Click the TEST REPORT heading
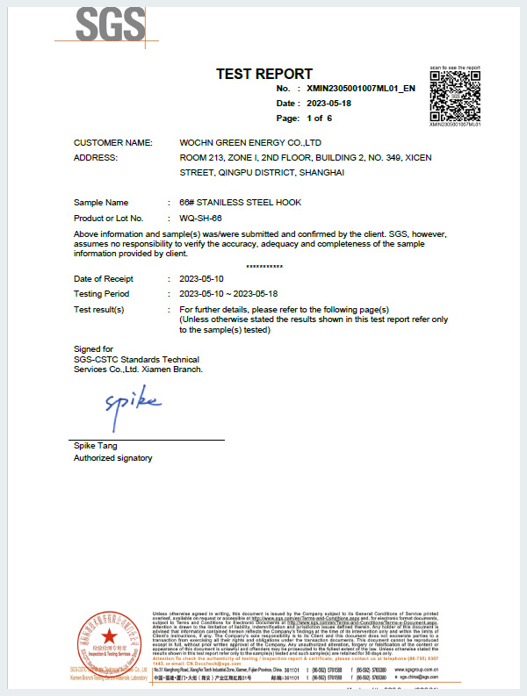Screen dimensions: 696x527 point(263,75)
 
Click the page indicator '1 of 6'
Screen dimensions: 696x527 point(318,118)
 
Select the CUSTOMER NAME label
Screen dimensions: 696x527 point(112,142)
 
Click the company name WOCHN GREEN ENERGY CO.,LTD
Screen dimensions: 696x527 point(249,142)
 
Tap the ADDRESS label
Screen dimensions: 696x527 point(96,157)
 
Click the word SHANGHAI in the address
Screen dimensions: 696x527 point(321,173)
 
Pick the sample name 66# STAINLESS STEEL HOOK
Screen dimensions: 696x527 point(240,203)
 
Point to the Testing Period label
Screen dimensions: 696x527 point(101,294)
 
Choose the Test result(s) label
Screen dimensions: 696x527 point(98,310)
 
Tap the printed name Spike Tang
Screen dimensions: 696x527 point(95,446)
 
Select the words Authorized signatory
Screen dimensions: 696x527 point(112,458)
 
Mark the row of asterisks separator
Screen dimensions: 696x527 point(263,267)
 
